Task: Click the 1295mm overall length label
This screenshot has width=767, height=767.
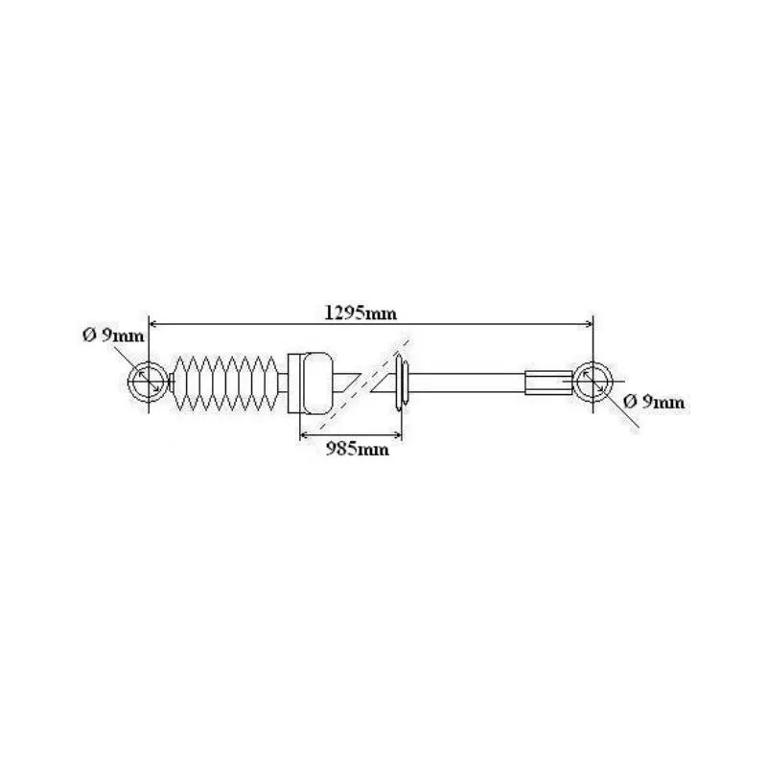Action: [x=360, y=313]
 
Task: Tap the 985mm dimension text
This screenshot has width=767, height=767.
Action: [x=358, y=449]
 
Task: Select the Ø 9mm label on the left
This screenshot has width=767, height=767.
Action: [x=113, y=336]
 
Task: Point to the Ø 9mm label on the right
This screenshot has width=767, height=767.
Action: [x=654, y=402]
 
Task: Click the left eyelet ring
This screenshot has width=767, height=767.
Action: [x=129, y=382]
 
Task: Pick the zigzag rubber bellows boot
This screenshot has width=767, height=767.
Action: [x=224, y=383]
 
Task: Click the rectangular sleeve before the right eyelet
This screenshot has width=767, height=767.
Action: [x=548, y=383]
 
